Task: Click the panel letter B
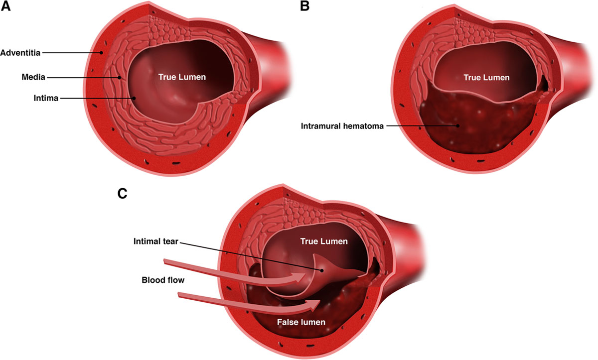305,6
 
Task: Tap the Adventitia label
20,52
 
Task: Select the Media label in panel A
33,77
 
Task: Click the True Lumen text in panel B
486,77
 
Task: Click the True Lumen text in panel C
324,241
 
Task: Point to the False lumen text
301,322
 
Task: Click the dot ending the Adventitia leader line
101,52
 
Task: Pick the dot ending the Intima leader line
134,99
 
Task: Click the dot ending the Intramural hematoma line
457,126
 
